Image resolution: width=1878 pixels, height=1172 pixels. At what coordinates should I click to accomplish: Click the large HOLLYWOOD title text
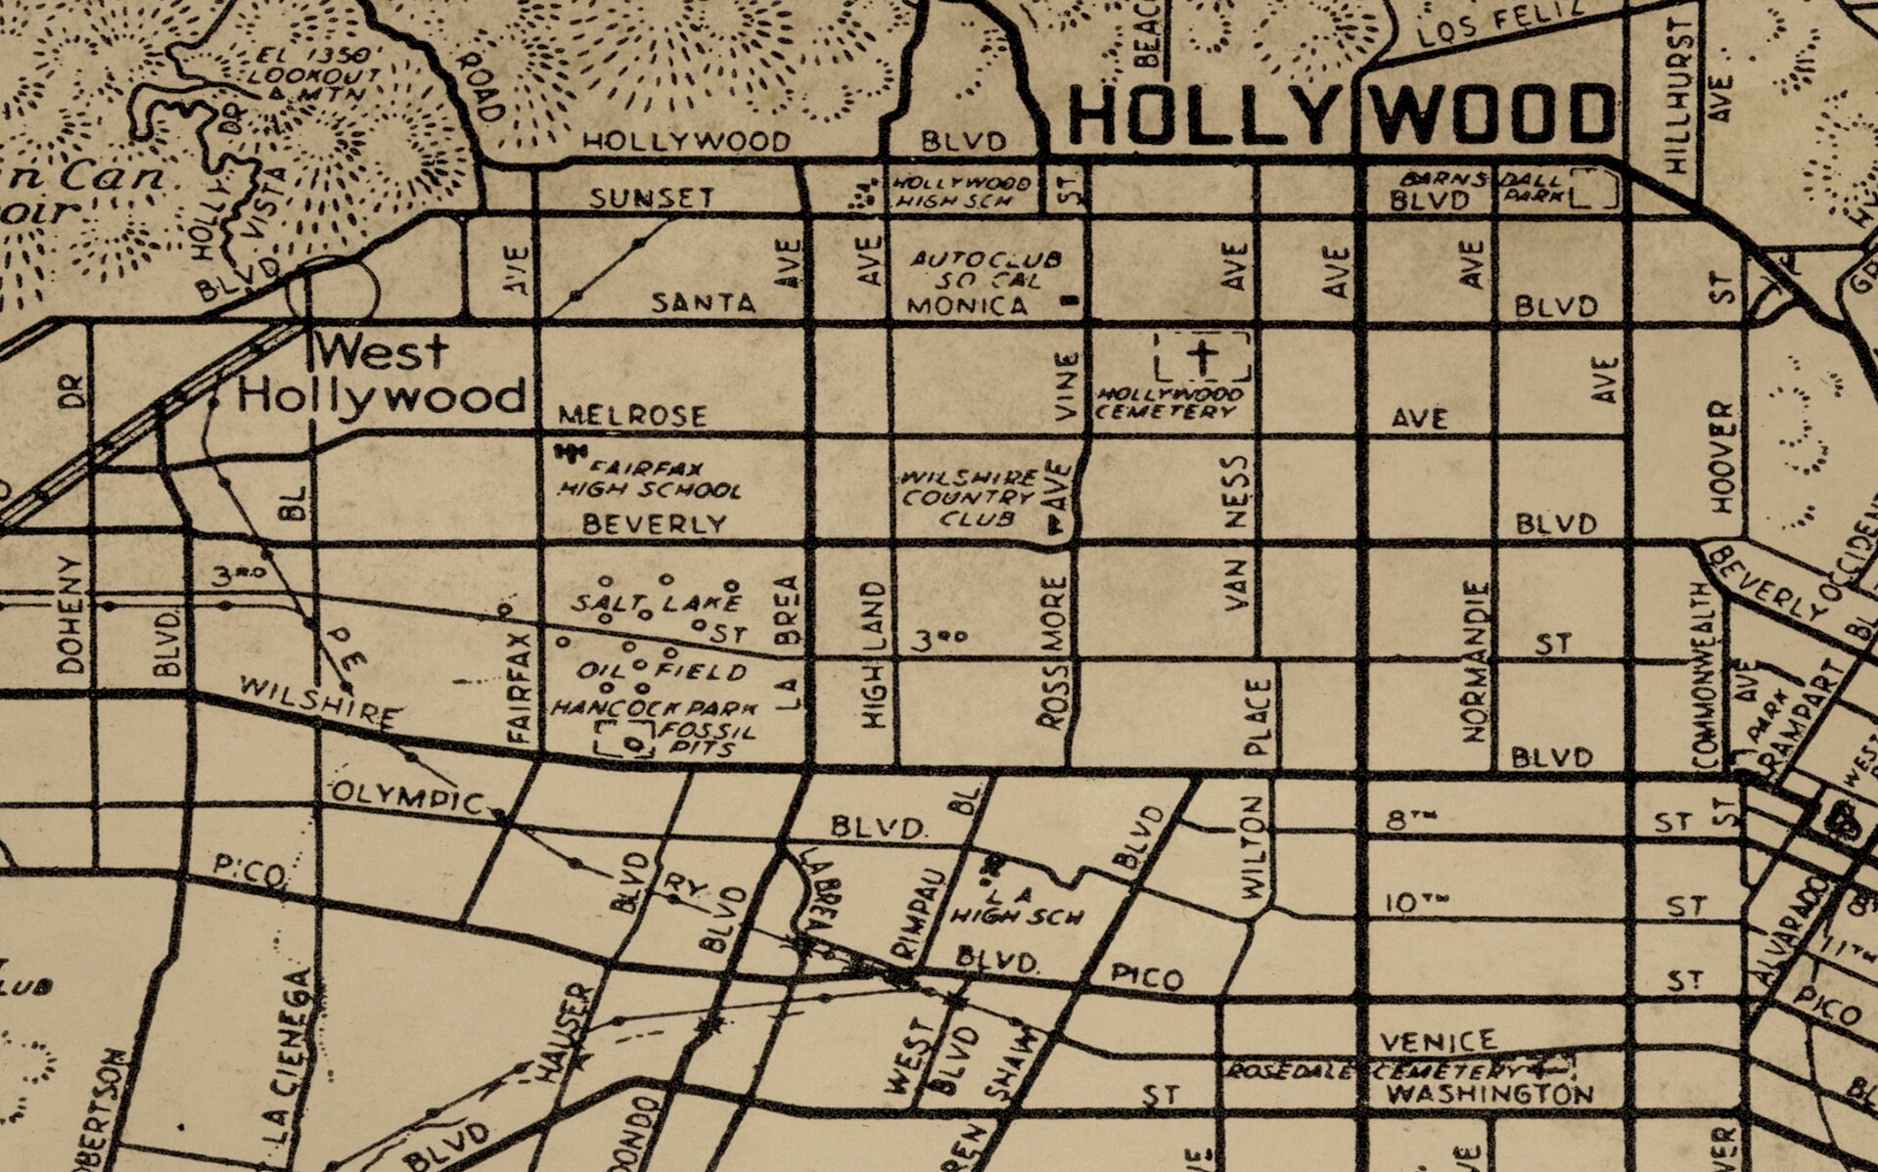pos(1341,114)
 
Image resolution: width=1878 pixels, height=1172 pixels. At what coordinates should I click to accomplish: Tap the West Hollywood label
pos(382,375)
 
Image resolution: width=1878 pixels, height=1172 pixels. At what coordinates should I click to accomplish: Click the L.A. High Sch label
pos(1018,906)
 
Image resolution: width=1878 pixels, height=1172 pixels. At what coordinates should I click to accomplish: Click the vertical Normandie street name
pos(1477,662)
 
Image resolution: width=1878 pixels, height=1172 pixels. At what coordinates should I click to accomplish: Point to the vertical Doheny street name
pos(70,614)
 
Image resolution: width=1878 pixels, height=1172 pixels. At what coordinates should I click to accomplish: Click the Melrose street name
pos(632,416)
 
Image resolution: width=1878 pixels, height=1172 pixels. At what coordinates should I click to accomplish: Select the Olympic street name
pos(409,797)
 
